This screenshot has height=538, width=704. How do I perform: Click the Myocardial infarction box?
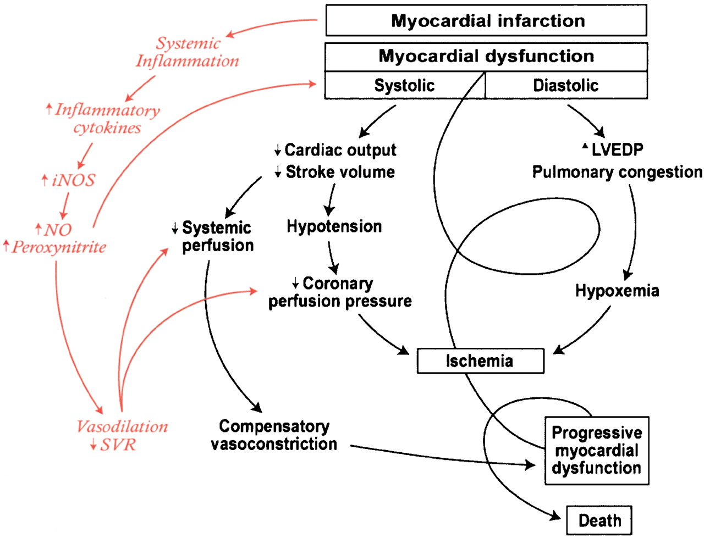point(486,20)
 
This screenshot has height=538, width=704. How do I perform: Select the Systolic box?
point(405,85)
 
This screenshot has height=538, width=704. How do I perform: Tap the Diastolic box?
point(566,85)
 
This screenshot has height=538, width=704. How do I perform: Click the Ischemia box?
point(480,361)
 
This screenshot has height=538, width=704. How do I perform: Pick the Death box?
point(599,520)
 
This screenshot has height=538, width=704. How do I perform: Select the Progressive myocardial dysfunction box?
point(597,451)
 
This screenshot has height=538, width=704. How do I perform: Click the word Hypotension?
point(334,227)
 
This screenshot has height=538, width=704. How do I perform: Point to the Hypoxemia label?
point(617,291)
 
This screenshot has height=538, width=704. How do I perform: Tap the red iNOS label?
point(73,180)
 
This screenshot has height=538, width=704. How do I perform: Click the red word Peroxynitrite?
point(59,247)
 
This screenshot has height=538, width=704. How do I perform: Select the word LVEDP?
point(617,149)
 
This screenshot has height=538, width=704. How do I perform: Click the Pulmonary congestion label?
point(617,173)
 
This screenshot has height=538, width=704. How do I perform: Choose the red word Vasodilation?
point(122,427)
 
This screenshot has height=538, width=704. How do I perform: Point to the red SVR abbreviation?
point(118,445)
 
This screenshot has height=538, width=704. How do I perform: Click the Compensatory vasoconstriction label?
point(274,435)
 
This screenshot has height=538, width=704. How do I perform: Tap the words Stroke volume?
point(340,172)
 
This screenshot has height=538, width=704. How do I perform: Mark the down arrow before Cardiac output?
point(278,150)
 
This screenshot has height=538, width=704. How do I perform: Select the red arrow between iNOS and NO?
point(65,206)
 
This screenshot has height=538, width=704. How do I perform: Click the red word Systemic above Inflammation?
point(188,43)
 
